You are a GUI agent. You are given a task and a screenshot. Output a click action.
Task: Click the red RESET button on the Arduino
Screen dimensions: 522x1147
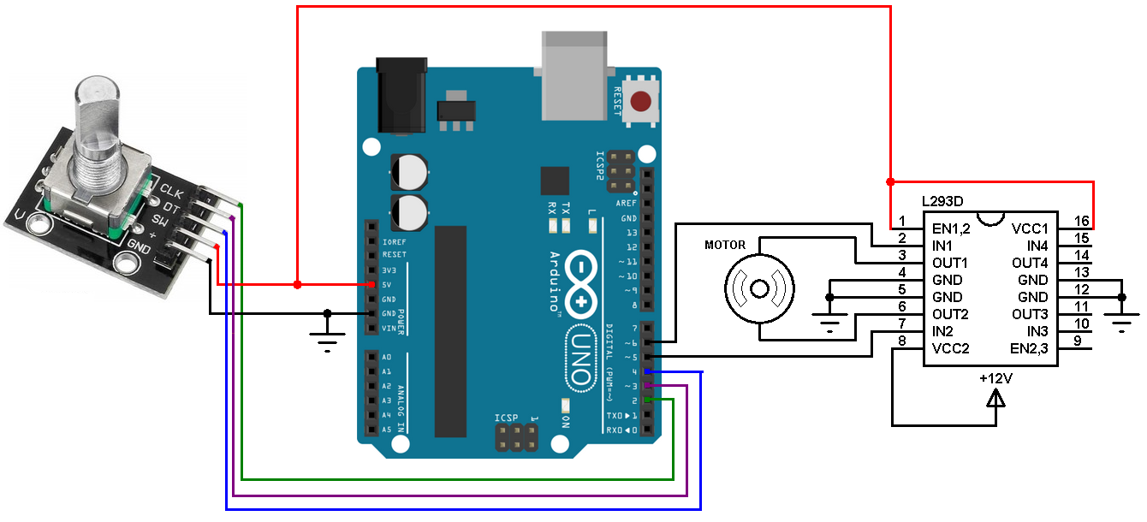point(640,102)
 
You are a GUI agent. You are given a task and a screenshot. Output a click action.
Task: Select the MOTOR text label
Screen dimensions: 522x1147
point(725,245)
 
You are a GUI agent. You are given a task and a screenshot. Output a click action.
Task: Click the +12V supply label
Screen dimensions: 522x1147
point(995,377)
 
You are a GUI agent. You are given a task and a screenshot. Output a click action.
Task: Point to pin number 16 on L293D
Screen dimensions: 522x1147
point(1081,221)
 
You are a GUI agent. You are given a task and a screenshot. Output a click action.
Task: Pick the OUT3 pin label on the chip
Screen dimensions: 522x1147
point(1029,314)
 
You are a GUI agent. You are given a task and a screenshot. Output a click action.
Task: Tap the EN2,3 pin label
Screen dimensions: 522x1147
point(1029,348)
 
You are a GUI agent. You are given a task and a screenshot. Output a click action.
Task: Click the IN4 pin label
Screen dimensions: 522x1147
point(1037,246)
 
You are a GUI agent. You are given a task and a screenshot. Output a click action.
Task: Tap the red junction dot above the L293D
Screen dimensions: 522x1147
point(890,181)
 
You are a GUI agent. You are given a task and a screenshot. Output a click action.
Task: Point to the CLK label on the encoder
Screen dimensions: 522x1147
point(170,192)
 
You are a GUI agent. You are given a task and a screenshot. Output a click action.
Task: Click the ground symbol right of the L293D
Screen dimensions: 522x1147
point(1121,321)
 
